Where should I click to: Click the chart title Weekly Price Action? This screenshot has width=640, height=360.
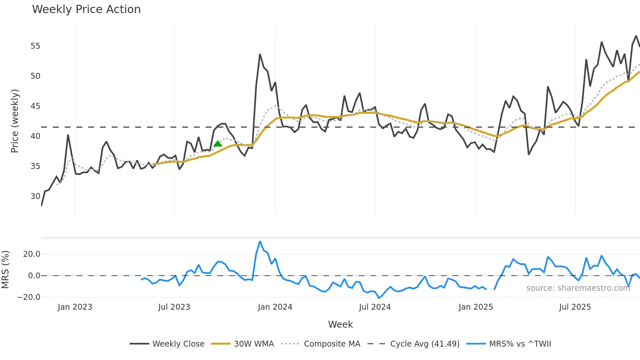(x=86, y=9)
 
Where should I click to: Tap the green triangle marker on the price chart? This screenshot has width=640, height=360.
(x=218, y=144)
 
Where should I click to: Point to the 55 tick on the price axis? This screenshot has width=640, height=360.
(x=35, y=46)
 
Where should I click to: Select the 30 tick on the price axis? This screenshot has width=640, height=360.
(x=35, y=196)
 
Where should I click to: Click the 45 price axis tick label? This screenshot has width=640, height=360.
(x=35, y=106)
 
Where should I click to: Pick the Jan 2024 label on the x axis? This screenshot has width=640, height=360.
(x=275, y=307)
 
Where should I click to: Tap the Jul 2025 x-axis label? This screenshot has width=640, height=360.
(x=575, y=307)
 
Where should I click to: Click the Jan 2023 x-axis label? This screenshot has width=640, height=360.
(x=75, y=307)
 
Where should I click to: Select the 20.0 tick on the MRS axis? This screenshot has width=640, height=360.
(x=32, y=254)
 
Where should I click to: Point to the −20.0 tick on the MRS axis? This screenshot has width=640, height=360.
(x=29, y=297)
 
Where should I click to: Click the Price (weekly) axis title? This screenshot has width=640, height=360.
(x=15, y=121)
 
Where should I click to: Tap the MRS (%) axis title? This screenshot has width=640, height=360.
(x=5, y=270)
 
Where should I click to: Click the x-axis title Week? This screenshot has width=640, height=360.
(x=340, y=324)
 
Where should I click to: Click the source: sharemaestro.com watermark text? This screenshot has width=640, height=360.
(x=578, y=288)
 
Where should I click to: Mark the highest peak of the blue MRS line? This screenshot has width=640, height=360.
(x=260, y=242)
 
